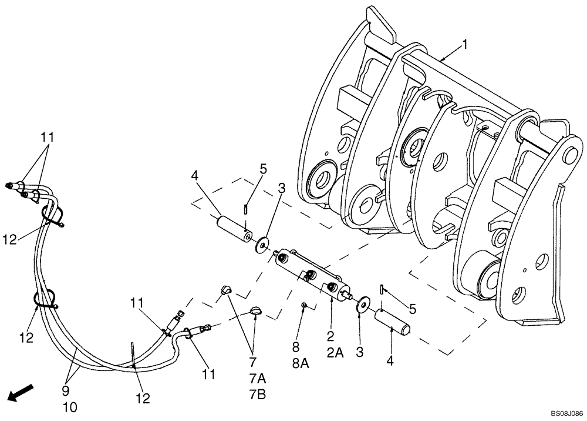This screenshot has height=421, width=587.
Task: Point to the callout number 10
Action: click(69, 406)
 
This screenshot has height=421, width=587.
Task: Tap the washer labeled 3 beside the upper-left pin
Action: click(261, 243)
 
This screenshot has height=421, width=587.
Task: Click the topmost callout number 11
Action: click(47, 137)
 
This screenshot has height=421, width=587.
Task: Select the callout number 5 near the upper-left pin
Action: click(264, 169)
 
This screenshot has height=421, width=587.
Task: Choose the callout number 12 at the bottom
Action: click(143, 399)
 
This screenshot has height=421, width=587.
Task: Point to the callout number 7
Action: click(253, 362)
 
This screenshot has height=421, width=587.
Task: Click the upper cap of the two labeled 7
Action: click(227, 288)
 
